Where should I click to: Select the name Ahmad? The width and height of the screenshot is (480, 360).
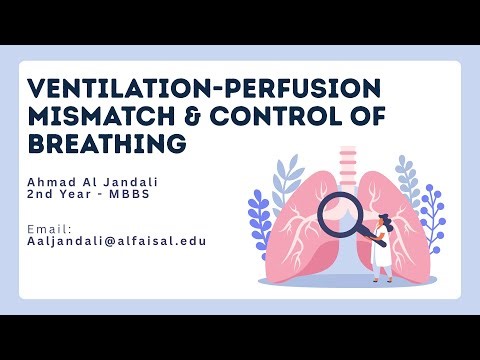click(53, 181)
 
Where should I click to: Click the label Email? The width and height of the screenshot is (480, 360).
click(48, 229)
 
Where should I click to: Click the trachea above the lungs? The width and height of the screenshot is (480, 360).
click(346, 165)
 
